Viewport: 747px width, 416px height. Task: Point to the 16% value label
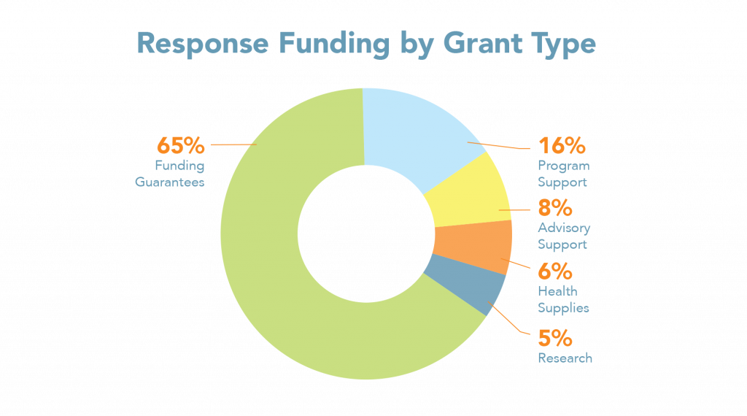pos(562,146)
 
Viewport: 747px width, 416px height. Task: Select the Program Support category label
pos(562,174)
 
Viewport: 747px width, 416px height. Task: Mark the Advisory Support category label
pos(564,236)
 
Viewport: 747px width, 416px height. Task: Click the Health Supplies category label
pos(563,300)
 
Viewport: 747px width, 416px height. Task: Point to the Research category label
pos(565,358)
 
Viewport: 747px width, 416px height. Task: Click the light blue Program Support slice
pos(416,131)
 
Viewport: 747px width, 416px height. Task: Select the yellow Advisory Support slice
pos(467,193)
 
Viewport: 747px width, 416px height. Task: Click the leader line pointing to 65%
pos(233,145)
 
